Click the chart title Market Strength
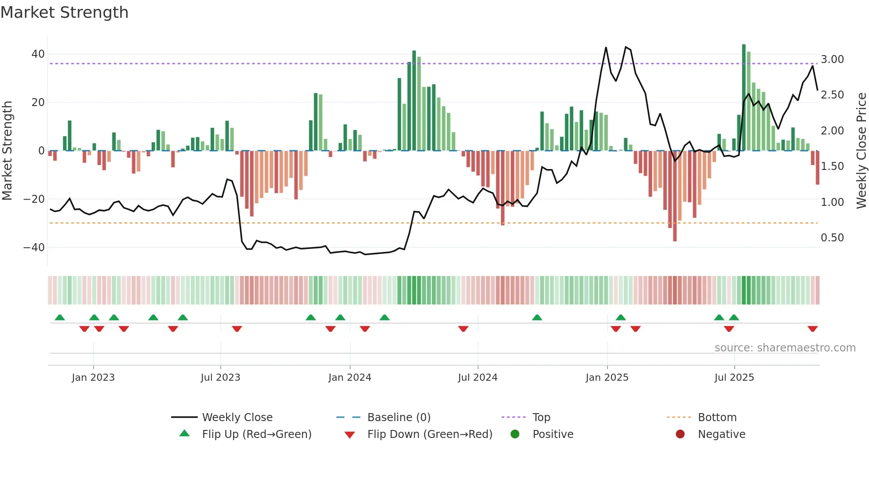click(x=64, y=12)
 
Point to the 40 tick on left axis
click(x=38, y=54)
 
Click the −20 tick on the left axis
click(x=34, y=199)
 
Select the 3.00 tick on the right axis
click(x=832, y=59)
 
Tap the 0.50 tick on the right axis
click(x=832, y=238)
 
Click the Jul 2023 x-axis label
click(x=220, y=378)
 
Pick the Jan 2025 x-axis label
click(x=607, y=378)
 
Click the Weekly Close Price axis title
click(x=861, y=151)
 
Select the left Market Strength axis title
click(x=7, y=151)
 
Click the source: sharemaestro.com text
click(x=785, y=348)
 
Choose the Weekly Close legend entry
click(x=237, y=418)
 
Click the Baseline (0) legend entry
click(x=399, y=418)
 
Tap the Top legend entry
click(x=541, y=418)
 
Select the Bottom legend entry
click(x=717, y=418)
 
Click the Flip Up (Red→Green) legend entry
click(x=256, y=434)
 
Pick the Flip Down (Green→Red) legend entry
click(x=429, y=434)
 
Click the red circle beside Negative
click(x=680, y=434)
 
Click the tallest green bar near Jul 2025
click(x=744, y=98)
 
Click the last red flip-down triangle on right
click(x=813, y=329)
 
